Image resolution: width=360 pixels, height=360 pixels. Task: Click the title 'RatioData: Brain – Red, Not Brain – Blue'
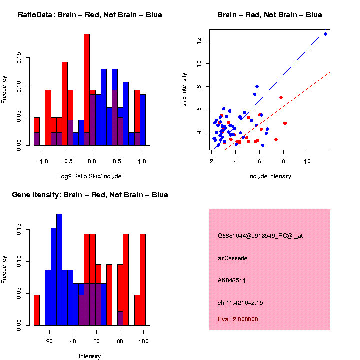coord(90,15)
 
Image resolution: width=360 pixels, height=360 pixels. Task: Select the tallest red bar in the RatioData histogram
coord(87,90)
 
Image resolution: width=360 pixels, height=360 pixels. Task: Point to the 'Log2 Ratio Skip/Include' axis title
coord(90,176)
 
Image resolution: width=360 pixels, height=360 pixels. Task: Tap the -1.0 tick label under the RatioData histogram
coord(42,161)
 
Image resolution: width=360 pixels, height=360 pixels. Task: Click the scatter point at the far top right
coord(325,34)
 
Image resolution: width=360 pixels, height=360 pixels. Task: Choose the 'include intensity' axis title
coord(270,176)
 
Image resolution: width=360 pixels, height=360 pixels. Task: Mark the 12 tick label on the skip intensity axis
coord(200,40)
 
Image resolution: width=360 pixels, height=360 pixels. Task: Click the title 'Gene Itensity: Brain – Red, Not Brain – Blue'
coord(90,195)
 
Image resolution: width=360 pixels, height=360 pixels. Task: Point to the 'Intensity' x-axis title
coord(90,356)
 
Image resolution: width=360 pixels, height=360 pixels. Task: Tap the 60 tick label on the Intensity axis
coord(96,341)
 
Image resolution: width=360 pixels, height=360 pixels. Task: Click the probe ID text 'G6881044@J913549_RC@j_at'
coord(260,236)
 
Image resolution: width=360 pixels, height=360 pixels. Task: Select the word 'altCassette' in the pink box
coord(233,258)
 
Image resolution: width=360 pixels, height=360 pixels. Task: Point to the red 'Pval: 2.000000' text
coord(241,319)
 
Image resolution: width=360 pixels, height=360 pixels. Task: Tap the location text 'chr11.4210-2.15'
coord(240,303)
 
